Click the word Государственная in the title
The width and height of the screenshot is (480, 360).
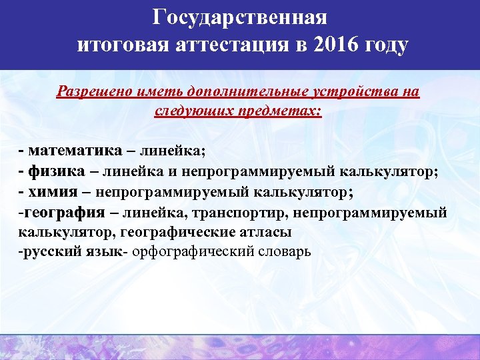coord(239,17)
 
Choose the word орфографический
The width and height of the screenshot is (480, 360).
coord(193,254)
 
